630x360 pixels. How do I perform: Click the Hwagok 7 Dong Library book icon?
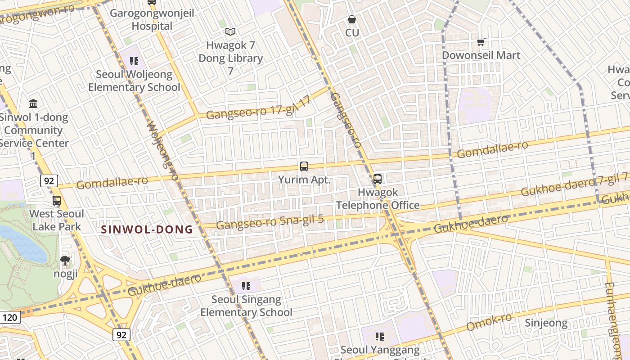230,31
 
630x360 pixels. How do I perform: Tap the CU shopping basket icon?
352,20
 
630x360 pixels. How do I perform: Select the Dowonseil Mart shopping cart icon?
481,42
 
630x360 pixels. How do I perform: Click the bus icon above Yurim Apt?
304,166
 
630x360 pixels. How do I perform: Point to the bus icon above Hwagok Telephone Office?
378,179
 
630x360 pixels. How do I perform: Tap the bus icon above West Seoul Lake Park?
57,201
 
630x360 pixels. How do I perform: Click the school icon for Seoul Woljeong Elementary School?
134,61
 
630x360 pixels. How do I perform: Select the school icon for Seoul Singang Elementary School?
246,286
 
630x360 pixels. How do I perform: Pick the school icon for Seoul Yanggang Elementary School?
380,336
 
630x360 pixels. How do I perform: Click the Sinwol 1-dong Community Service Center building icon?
33,104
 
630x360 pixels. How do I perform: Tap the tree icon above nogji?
65,260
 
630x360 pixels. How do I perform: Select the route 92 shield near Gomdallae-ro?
49,181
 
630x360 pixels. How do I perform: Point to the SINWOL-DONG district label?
147,229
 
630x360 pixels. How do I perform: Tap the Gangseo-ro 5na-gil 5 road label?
270,222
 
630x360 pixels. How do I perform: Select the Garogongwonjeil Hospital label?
152,19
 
